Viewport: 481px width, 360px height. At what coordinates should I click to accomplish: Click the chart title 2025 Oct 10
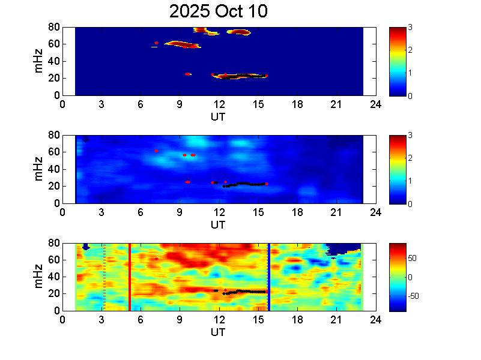pos(218,11)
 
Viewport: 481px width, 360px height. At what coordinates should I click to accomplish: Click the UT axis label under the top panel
pos(218,117)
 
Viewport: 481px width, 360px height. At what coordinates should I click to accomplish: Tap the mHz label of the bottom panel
pos(39,277)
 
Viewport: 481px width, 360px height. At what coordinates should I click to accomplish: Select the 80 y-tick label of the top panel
pos(53,27)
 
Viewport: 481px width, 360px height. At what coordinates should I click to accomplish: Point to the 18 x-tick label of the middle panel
pos(297,212)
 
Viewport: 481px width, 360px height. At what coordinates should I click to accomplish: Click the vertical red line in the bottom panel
pos(130,277)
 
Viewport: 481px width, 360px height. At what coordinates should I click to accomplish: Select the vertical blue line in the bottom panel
pos(268,277)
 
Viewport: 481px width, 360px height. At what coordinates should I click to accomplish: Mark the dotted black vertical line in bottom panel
pos(104,277)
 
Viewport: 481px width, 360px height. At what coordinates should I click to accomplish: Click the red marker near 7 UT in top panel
pos(156,43)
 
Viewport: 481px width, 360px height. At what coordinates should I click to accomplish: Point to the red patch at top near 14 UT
pos(241,32)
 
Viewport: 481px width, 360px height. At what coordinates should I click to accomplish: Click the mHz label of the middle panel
pos(39,169)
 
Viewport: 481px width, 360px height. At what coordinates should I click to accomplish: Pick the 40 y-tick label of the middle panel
pos(53,169)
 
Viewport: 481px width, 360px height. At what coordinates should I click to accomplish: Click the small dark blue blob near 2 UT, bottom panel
pos(86,247)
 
